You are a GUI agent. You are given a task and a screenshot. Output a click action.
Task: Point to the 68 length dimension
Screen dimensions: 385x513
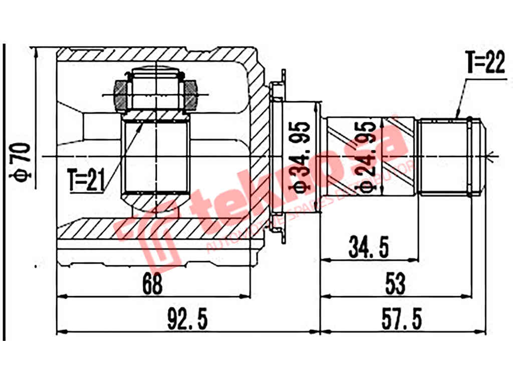click(x=153, y=285)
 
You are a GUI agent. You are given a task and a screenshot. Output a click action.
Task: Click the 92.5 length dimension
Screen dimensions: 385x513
click(x=188, y=319)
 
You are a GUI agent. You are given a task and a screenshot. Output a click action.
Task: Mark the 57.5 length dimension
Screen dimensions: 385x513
click(x=401, y=319)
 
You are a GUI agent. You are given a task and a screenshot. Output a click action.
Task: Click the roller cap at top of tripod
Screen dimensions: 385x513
click(x=156, y=75)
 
